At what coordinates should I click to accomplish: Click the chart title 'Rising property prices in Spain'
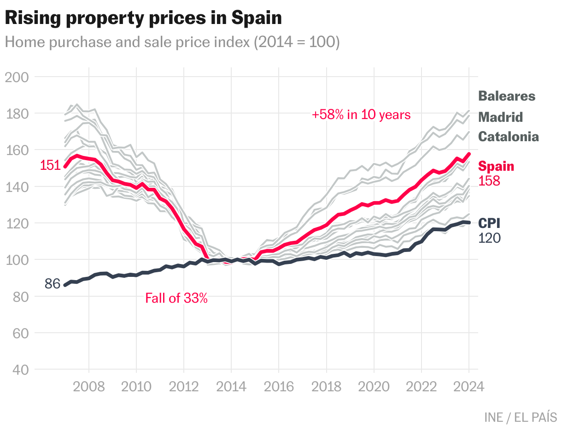143,18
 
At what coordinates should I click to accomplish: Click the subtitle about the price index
172,42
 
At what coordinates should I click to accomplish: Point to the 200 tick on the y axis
17,77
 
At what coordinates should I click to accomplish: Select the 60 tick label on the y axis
17,333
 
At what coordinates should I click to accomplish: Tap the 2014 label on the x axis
231,386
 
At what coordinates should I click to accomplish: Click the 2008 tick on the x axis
88,386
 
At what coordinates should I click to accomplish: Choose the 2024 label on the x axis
469,386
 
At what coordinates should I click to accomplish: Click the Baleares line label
507,96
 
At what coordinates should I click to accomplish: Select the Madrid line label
501,117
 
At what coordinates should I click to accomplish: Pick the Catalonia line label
509,137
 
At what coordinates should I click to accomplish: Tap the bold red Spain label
497,167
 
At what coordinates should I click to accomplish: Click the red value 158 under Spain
489,181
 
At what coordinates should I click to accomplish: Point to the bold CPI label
489,224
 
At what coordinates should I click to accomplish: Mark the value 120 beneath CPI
489,238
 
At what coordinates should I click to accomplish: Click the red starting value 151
50,165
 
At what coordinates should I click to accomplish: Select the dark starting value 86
53,284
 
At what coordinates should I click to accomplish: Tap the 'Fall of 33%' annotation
176,299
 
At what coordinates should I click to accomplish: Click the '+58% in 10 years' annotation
361,115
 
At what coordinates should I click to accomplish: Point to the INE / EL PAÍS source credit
521,418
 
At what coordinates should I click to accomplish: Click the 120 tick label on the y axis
17,223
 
